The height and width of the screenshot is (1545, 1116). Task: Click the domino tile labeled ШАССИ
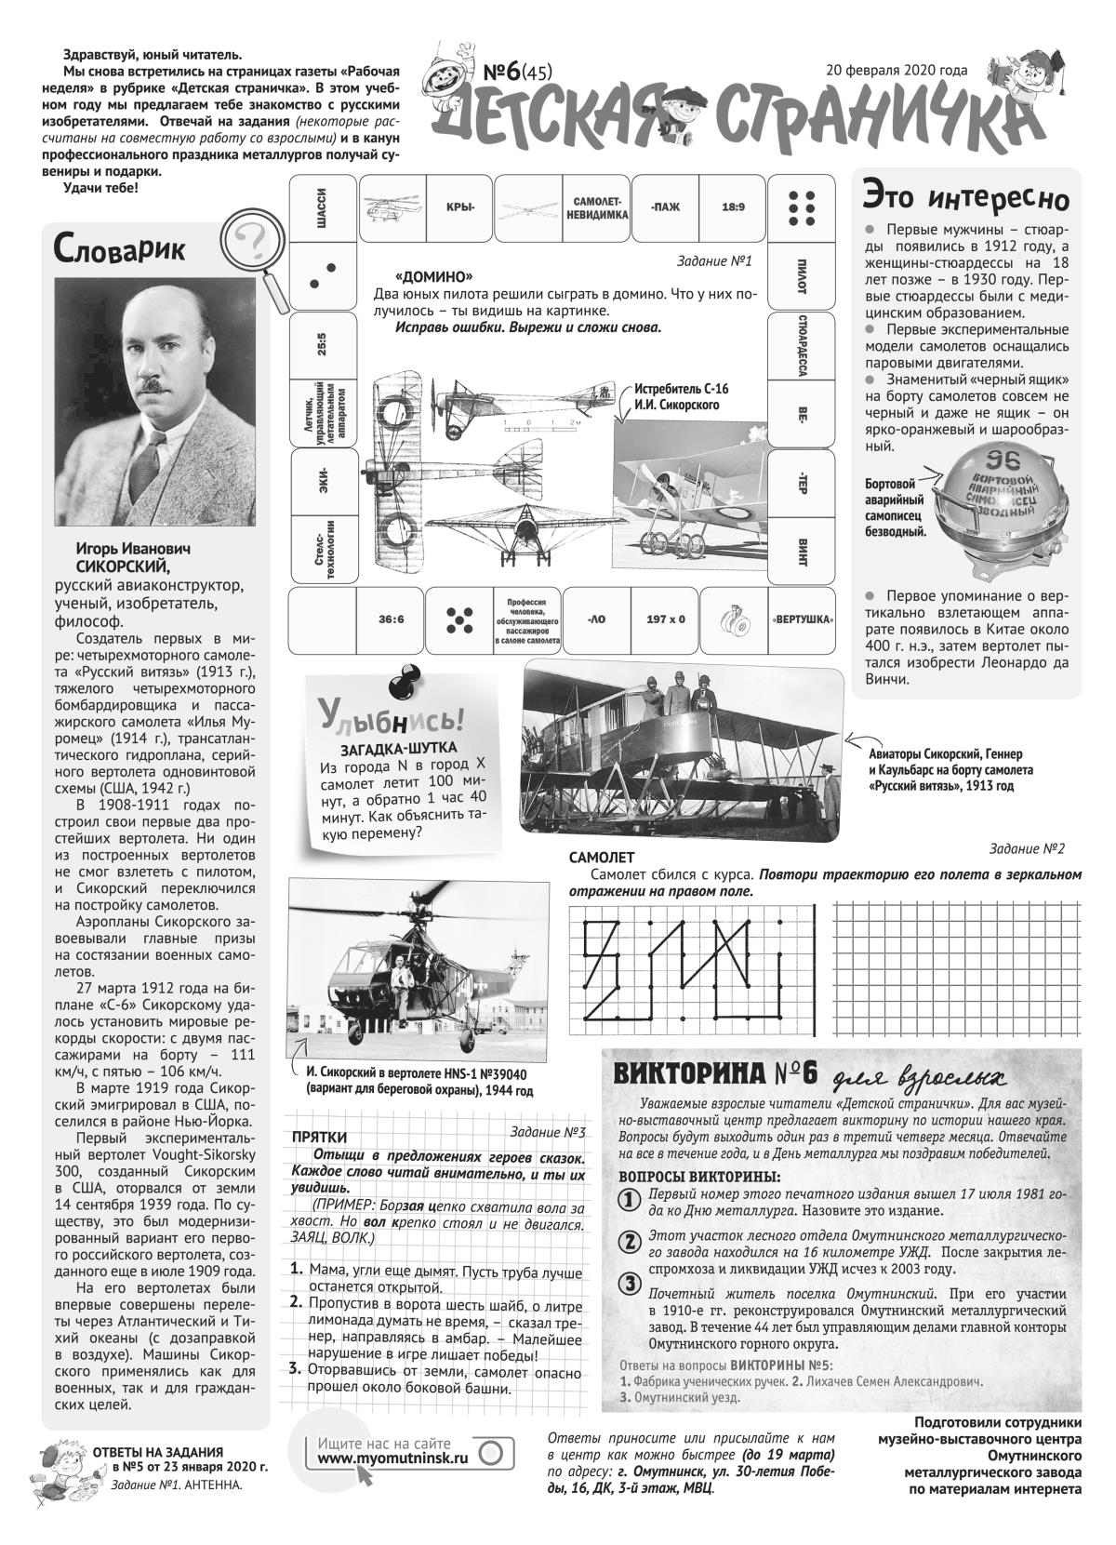point(322,206)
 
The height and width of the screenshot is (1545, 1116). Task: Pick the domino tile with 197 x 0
point(665,619)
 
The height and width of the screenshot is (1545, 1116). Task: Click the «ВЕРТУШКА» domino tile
point(802,619)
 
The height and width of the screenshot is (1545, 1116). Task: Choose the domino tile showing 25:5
point(322,345)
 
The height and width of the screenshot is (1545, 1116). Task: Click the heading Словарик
point(119,248)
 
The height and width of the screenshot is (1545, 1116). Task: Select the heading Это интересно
point(965,197)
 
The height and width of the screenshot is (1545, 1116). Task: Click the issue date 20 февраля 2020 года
point(896,70)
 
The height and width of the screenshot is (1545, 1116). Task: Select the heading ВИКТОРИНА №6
point(714,1072)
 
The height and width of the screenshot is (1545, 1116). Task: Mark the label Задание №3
point(548,1132)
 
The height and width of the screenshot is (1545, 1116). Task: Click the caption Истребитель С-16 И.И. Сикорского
point(676,397)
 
